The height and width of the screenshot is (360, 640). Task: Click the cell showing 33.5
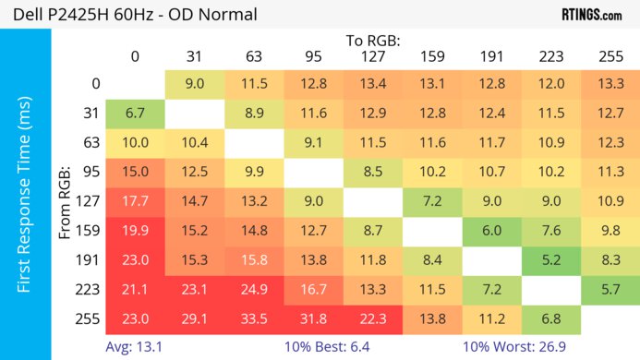pyautogui.click(x=253, y=318)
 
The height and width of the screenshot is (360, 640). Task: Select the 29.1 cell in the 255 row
pyautogui.click(x=194, y=318)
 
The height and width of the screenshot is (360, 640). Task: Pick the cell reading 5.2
pyautogui.click(x=550, y=260)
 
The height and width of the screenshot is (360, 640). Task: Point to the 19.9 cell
pyautogui.click(x=135, y=231)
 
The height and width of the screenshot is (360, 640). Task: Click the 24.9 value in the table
pyautogui.click(x=253, y=290)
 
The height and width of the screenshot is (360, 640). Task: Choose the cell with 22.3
pyautogui.click(x=373, y=318)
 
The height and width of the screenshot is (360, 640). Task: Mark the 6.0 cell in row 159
pyautogui.click(x=491, y=231)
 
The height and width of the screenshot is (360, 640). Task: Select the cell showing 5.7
pyautogui.click(x=610, y=290)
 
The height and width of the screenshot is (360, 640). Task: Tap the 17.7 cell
pyautogui.click(x=135, y=201)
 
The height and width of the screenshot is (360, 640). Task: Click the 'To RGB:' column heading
pyautogui.click(x=373, y=41)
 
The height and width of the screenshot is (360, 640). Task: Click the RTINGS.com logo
pyautogui.click(x=591, y=15)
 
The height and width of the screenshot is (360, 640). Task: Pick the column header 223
pyautogui.click(x=550, y=57)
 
